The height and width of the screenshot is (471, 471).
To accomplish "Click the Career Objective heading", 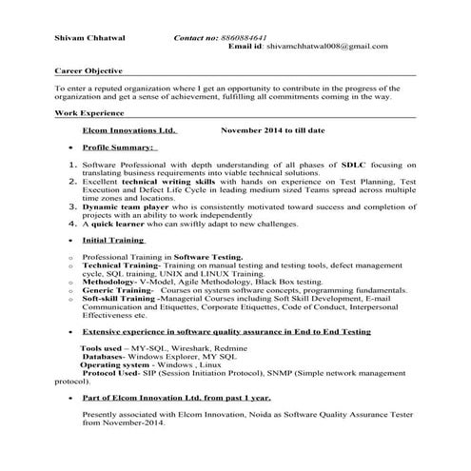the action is [x=91, y=71].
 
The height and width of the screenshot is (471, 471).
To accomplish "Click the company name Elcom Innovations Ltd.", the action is [x=128, y=130].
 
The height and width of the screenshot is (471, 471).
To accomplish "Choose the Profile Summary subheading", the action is [x=118, y=148].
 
